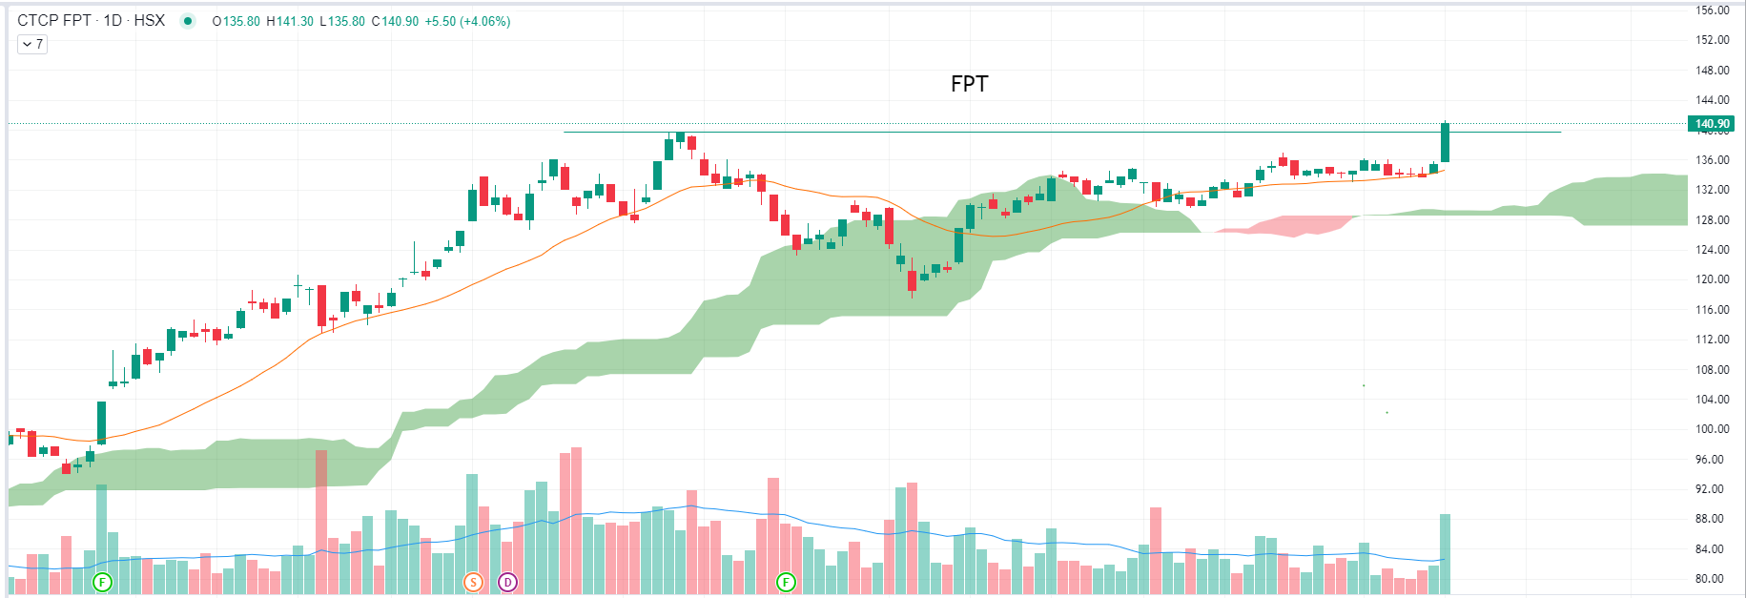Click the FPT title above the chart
(969, 84)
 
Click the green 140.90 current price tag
(1712, 124)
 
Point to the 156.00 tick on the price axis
(1713, 10)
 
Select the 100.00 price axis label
(1713, 429)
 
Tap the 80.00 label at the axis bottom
(1713, 579)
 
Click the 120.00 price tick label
(1713, 279)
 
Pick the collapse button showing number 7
(32, 44)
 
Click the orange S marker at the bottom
(473, 582)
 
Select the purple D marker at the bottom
(507, 582)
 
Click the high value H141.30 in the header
(290, 21)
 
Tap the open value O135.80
(236, 21)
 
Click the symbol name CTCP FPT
(54, 20)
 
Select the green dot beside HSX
(188, 21)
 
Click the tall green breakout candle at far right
(1446, 143)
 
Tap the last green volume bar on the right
(1446, 553)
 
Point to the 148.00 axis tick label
(1713, 71)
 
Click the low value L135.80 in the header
(342, 21)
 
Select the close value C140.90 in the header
(395, 21)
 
